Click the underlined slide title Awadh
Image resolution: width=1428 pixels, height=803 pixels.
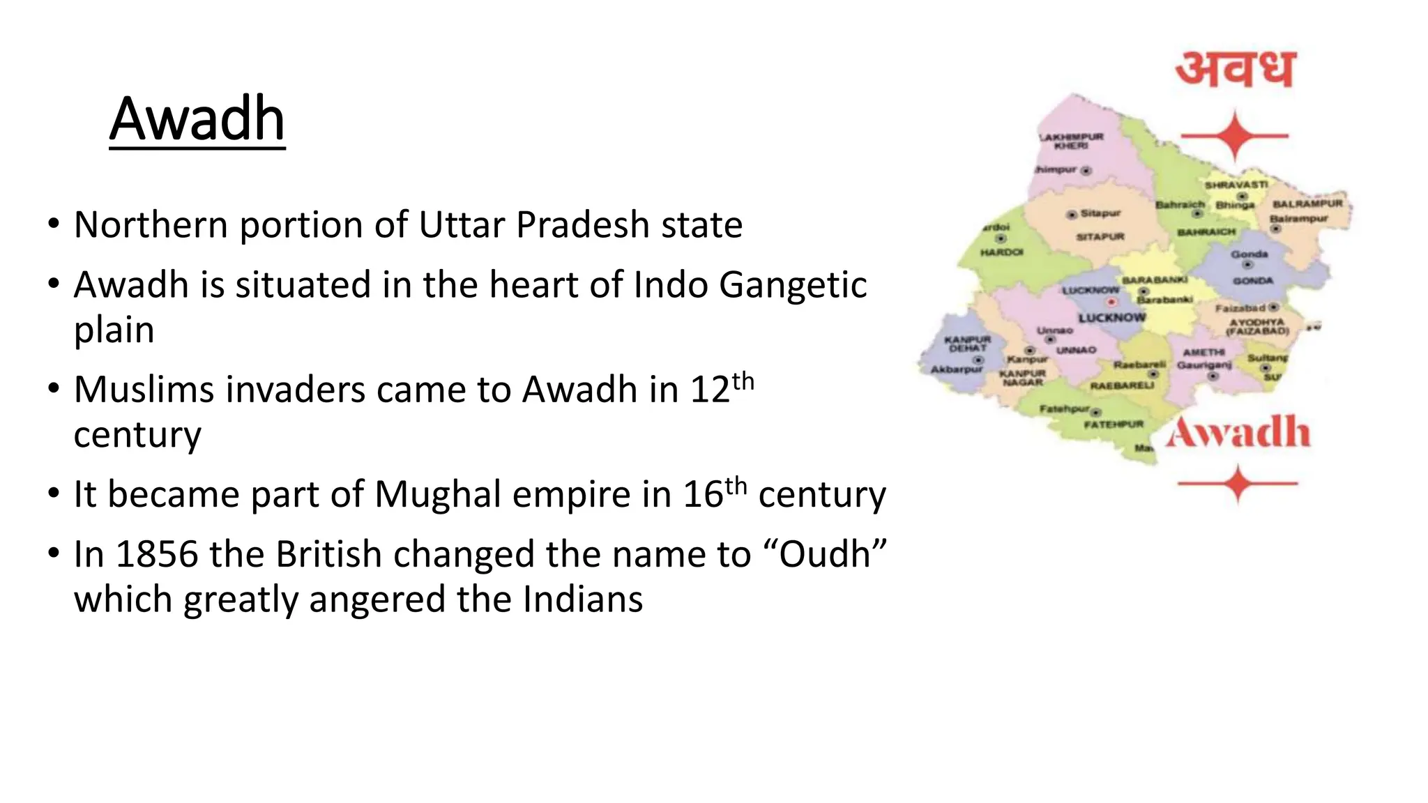click(197, 119)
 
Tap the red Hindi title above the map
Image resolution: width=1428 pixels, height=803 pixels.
click(1235, 70)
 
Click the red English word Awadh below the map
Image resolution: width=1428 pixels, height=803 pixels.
click(1238, 432)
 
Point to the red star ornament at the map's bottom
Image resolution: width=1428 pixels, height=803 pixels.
click(1238, 483)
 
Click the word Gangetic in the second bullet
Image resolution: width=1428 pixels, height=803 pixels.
click(793, 285)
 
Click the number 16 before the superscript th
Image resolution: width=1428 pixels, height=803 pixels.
click(703, 495)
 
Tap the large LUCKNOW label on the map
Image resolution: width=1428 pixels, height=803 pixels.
click(1112, 318)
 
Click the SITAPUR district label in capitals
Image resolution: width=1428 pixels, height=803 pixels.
click(1100, 237)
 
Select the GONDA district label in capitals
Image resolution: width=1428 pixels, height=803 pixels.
click(1253, 281)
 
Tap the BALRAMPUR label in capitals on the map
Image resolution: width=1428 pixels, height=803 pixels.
click(1307, 204)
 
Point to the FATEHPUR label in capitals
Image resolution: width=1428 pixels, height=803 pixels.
click(1114, 424)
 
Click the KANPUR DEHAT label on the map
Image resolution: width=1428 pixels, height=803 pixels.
click(968, 344)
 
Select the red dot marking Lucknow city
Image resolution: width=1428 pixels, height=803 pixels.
click(1111, 303)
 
